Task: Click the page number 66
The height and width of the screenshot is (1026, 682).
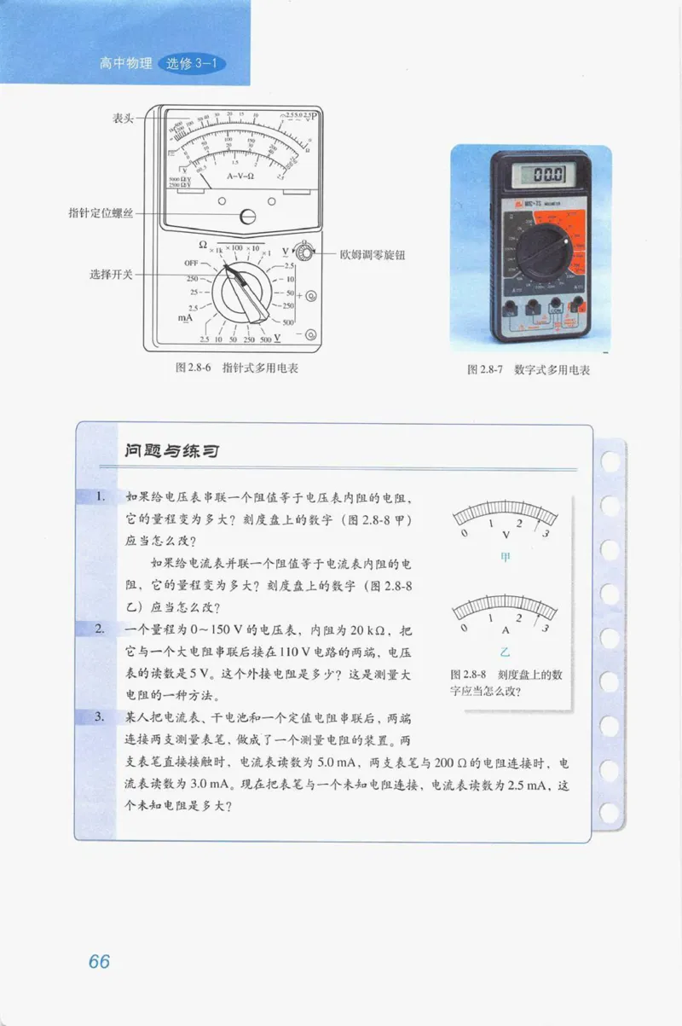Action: tap(99, 961)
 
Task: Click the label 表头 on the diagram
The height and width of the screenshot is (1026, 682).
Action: tap(123, 119)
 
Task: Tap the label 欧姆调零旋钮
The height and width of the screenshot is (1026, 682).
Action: tap(372, 254)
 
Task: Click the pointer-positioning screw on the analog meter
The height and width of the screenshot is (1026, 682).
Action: tap(248, 217)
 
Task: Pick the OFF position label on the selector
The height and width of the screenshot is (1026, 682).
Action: tap(191, 264)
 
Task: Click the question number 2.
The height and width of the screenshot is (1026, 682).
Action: tap(100, 629)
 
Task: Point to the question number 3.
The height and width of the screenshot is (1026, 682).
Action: tap(100, 717)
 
